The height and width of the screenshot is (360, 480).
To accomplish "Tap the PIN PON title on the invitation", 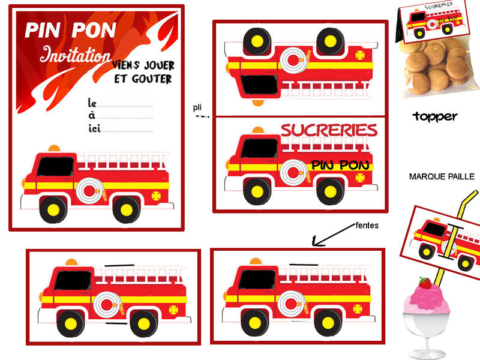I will pos(71,31).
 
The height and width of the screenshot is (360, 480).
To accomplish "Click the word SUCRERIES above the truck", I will pos(329,130).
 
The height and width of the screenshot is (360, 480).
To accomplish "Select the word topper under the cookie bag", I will pos(435,116).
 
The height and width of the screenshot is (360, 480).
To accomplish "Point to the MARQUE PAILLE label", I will pos(442,176).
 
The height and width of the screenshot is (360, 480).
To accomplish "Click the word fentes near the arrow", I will pos(367,226).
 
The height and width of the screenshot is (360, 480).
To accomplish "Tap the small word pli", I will pos(197,107).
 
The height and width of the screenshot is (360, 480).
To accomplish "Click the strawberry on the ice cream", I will pos(425,282).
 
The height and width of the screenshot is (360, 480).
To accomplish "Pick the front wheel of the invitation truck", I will pos(53,210).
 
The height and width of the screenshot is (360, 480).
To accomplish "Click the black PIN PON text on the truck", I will pos(336,165).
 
